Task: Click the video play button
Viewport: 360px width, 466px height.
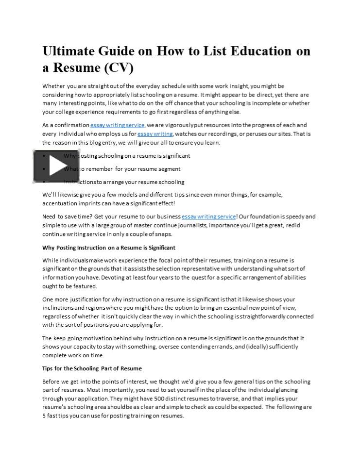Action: pos(56,166)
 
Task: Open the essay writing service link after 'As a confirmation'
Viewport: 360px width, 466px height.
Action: pos(117,125)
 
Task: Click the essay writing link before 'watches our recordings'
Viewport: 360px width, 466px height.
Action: pos(154,134)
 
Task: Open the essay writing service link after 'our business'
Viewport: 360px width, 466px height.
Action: pos(208,216)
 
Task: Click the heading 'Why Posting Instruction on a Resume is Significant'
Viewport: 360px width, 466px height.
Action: pos(109,248)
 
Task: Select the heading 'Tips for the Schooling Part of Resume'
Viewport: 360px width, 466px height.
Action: pos(92,368)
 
